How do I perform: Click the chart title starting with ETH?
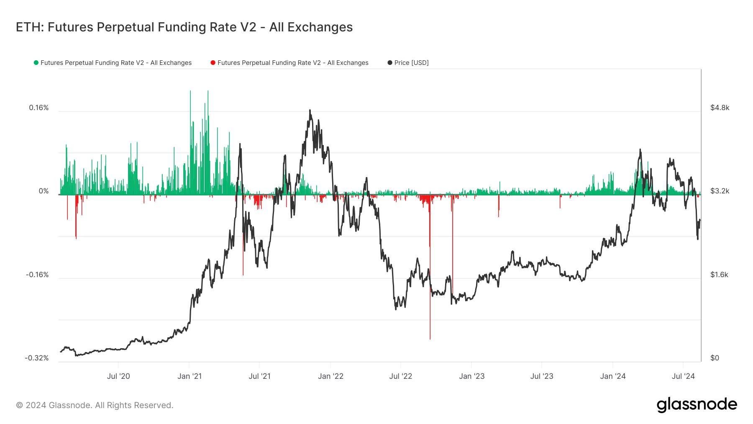(x=184, y=27)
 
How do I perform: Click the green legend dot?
(x=36, y=63)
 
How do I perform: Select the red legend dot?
(x=213, y=63)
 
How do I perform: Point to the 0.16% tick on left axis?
(x=39, y=108)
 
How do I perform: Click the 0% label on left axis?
(x=44, y=191)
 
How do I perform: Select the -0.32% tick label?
(x=37, y=358)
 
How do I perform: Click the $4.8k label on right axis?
(x=720, y=108)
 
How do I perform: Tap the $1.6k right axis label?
(x=719, y=275)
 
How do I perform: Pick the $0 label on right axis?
(x=715, y=358)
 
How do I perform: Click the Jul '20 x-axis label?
(x=118, y=376)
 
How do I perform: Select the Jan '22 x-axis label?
(x=330, y=376)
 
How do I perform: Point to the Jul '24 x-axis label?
(x=683, y=376)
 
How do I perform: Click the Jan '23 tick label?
(x=471, y=376)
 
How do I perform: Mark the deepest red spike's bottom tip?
(x=430, y=338)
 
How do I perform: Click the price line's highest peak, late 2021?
(x=310, y=110)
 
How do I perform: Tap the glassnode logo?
(x=697, y=405)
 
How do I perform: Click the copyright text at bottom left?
(x=95, y=405)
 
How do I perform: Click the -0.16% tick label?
(x=37, y=275)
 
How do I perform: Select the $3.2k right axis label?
(x=720, y=191)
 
